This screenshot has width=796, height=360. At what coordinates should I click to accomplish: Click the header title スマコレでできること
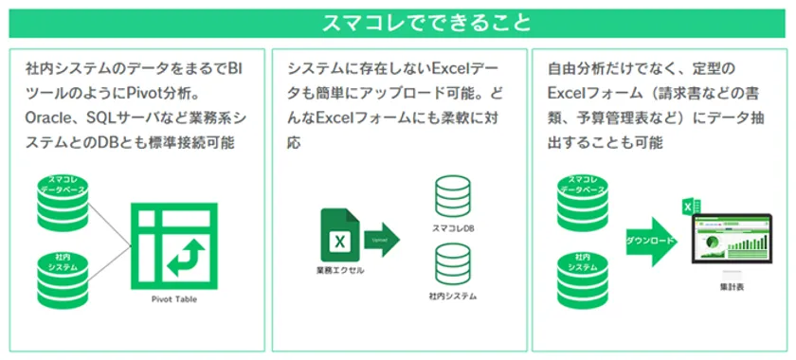click(x=397, y=21)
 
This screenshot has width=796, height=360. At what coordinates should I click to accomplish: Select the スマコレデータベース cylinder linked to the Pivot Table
click(x=62, y=193)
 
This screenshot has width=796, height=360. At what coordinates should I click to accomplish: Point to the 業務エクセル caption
click(x=338, y=272)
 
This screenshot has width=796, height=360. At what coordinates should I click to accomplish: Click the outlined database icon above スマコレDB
click(x=452, y=196)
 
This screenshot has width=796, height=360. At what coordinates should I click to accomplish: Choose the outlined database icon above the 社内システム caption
click(x=452, y=265)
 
